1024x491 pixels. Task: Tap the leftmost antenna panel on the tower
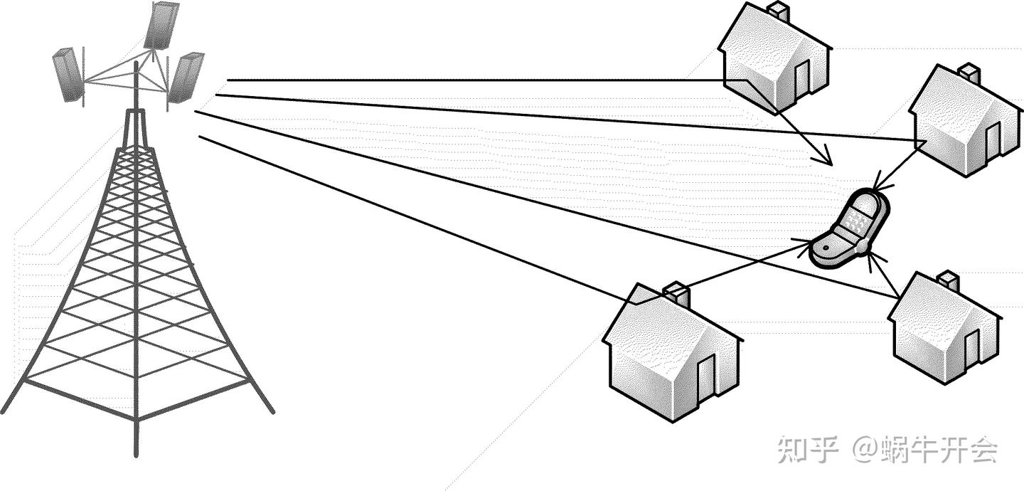coord(69,75)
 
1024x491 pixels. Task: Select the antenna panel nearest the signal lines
coord(186,77)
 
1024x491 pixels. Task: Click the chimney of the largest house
coord(676,294)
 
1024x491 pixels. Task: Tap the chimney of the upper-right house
coord(968,73)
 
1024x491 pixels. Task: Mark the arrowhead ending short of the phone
coord(826,159)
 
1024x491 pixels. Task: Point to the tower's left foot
coord(7,406)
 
